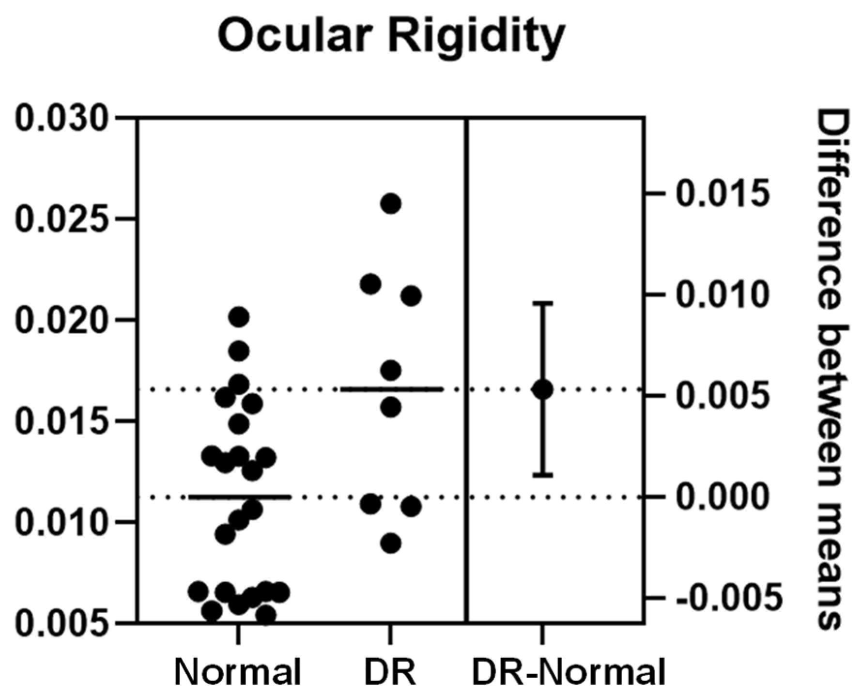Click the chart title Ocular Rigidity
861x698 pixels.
coord(391,35)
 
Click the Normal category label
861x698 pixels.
coord(238,672)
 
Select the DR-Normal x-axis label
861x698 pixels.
coord(568,672)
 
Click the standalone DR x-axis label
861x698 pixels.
coord(390,672)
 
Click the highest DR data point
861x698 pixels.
coord(391,203)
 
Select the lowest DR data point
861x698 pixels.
coord(391,543)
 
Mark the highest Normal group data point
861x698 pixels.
coord(238,317)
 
